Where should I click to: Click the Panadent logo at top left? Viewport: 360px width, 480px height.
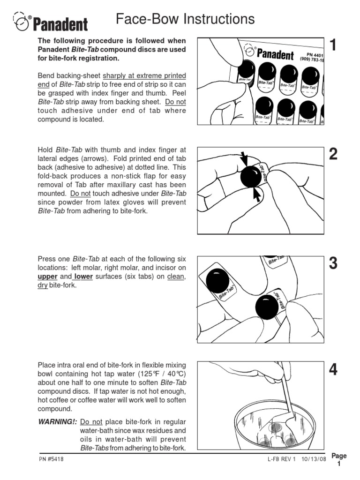pos(50,22)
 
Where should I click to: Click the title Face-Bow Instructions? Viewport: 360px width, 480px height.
pos(185,19)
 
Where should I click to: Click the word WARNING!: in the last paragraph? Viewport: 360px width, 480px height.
pos(57,421)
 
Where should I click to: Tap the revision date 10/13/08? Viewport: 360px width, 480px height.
pos(314,459)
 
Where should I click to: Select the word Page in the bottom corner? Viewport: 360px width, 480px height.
pos(339,456)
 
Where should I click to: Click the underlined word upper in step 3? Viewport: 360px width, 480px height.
pos(47,277)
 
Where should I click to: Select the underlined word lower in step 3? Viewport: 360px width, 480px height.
pos(83,277)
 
